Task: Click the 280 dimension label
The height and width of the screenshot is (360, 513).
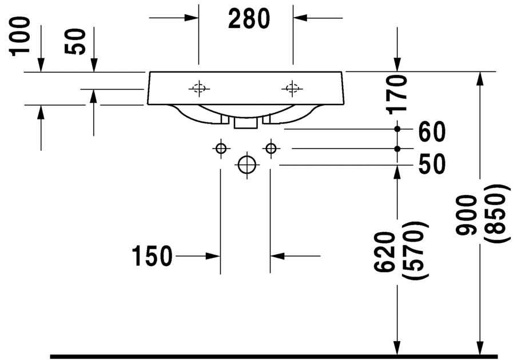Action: click(249, 19)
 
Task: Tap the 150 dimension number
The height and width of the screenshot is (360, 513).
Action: click(152, 256)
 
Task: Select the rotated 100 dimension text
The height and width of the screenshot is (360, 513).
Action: click(20, 37)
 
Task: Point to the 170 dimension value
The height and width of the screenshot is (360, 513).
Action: click(397, 94)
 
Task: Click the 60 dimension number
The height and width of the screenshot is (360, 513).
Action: click(432, 132)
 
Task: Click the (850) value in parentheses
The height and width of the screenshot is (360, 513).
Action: click(498, 213)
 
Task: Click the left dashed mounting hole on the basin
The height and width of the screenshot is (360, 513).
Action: click(199, 88)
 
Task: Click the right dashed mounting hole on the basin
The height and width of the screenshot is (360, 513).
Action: click(292, 88)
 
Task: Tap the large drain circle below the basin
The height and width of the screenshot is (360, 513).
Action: click(247, 165)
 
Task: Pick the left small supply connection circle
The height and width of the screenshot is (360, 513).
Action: click(221, 149)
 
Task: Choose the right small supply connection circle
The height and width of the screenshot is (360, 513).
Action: click(271, 149)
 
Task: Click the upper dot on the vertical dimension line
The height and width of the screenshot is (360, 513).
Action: click(397, 129)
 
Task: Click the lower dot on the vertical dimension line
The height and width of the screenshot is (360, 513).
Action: click(397, 149)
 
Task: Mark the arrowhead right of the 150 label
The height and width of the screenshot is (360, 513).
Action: click(212, 256)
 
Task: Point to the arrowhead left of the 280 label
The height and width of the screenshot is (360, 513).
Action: click(192, 18)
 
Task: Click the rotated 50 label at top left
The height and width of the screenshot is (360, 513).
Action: click(75, 42)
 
